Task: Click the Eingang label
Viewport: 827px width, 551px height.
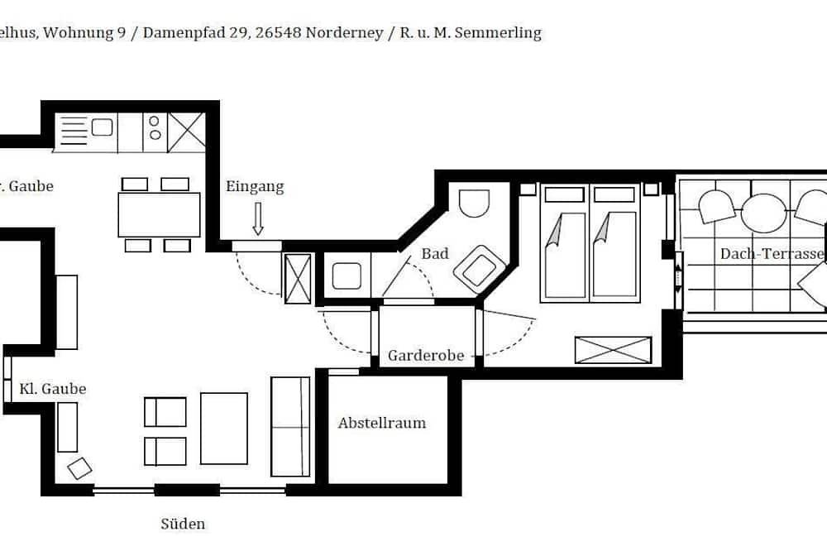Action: point(255,187)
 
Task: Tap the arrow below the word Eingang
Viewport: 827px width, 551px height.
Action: point(257,218)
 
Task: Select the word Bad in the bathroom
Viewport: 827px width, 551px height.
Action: point(435,253)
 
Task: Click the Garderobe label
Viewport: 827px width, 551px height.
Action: point(426,356)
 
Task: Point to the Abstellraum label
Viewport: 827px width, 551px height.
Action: point(382,423)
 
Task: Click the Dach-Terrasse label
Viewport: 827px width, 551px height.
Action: point(772,254)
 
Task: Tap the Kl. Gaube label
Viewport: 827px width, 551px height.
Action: point(53,389)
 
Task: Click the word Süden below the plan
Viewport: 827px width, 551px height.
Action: point(183,524)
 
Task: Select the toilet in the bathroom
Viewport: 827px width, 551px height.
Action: point(474,202)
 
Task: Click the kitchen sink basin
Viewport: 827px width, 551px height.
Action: point(103,127)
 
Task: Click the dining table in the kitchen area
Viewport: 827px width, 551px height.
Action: point(160,214)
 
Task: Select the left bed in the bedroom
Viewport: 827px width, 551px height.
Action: point(565,244)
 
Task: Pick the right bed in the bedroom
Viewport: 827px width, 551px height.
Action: point(614,244)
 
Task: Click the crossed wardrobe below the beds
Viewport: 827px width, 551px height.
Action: point(613,350)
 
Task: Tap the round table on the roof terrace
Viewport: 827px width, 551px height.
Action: point(763,213)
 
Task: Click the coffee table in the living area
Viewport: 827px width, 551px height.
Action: point(224,429)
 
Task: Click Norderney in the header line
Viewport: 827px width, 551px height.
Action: point(343,33)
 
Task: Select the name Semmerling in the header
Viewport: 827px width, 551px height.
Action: point(502,33)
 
